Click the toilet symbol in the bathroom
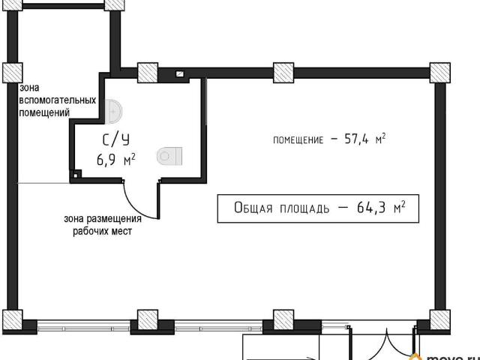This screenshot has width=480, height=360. (169, 156)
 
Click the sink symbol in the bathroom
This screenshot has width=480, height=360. (113, 112)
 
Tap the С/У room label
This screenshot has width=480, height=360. (115, 139)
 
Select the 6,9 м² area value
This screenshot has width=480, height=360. (115, 160)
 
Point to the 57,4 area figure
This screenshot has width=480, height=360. (357, 139)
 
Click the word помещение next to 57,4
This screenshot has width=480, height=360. (298, 140)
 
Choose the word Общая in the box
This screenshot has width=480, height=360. (253, 208)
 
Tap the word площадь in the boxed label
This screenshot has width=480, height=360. (304, 208)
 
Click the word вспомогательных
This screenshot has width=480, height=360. (58, 100)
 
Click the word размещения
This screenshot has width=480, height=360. (115, 219)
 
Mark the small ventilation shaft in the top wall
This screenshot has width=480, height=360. (180, 73)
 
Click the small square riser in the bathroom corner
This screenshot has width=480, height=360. (76, 175)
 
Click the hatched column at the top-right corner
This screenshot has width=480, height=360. (440, 73)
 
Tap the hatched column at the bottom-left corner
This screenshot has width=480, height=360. (13, 319)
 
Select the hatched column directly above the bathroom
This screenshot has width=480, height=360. (148, 73)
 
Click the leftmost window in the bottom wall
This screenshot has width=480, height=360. (83, 327)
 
